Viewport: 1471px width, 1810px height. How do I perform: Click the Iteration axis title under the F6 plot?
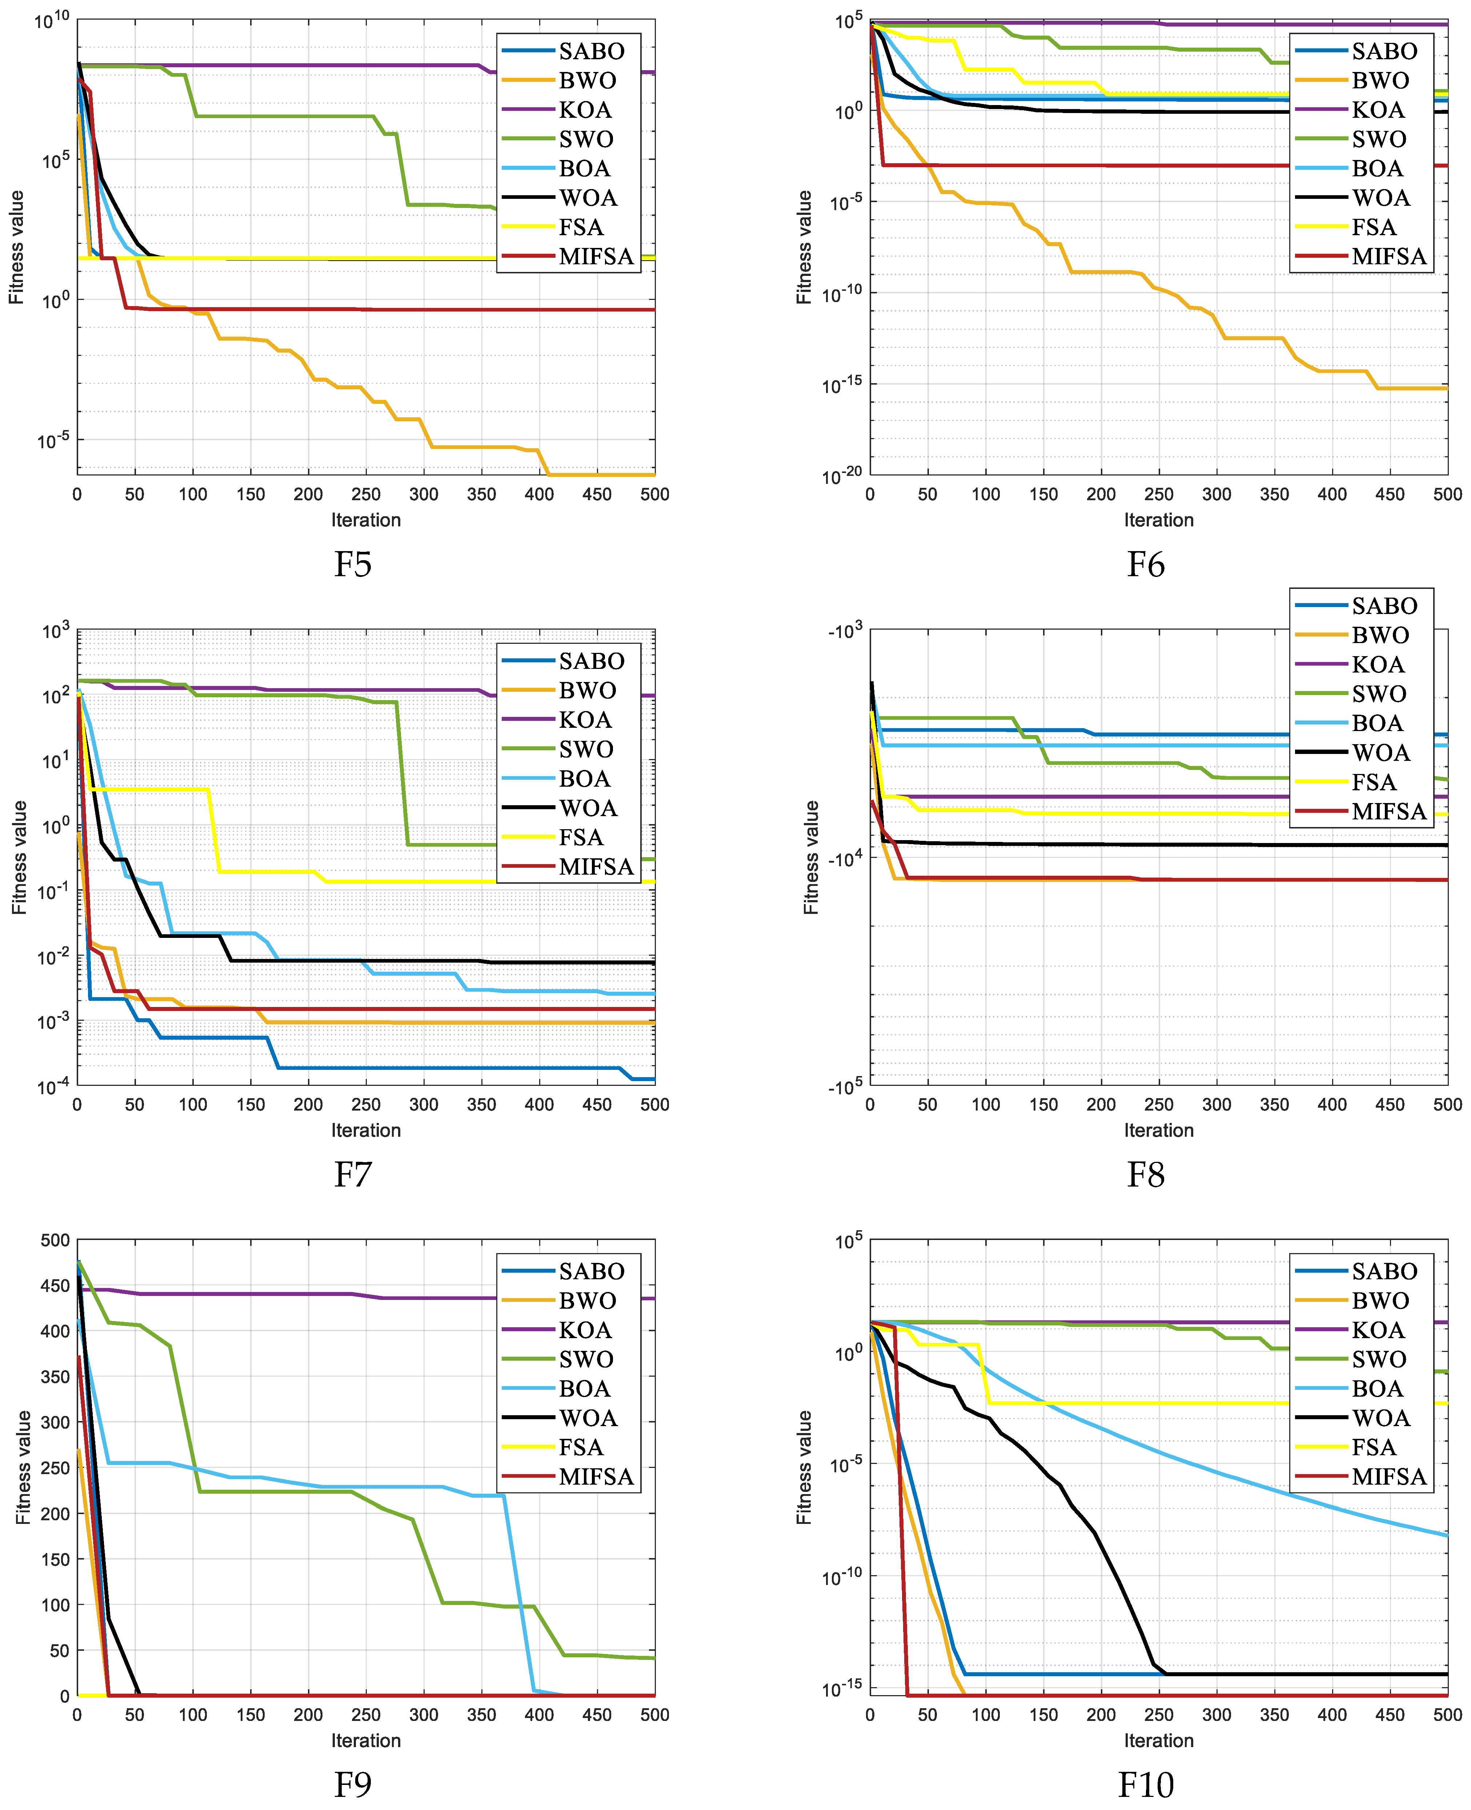pyautogui.click(x=1158, y=520)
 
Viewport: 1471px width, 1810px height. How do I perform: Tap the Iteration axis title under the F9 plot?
pyautogui.click(x=366, y=1741)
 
